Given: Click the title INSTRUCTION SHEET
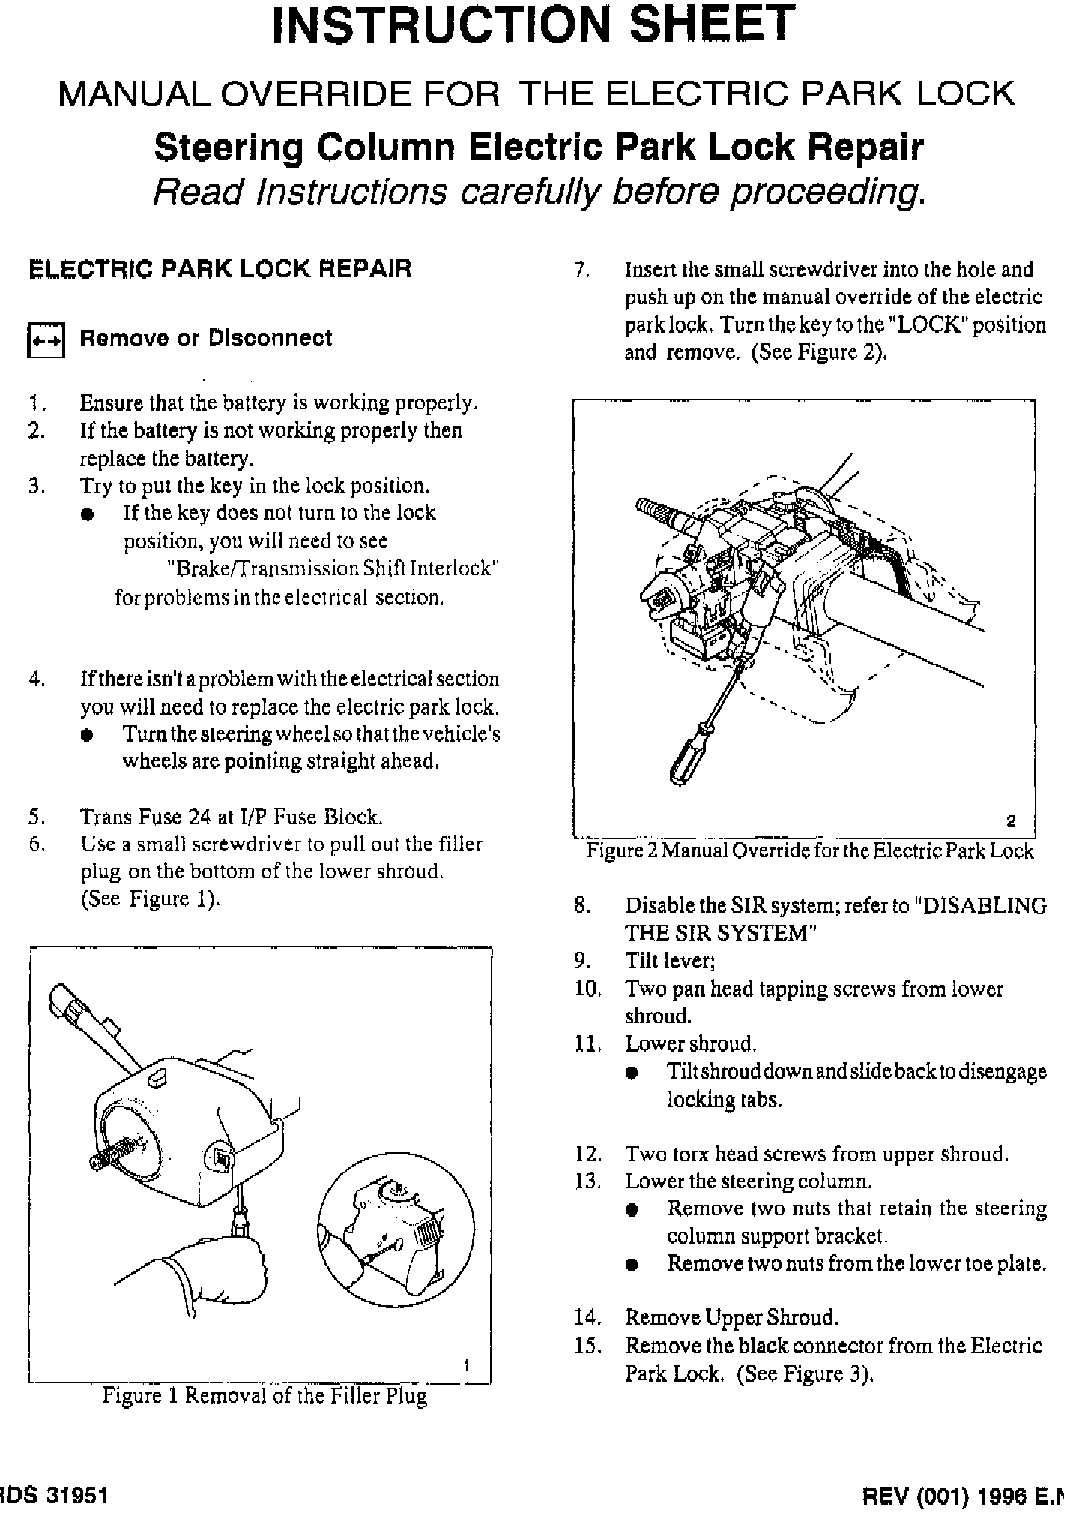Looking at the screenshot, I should (x=533, y=25).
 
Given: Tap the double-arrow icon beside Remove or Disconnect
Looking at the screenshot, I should (x=46, y=340).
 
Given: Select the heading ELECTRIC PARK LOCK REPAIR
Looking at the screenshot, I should (x=220, y=269).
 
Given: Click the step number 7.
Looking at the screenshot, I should (x=582, y=270).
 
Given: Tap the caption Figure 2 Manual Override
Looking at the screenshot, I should (x=809, y=850).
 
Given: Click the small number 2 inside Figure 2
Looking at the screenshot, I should (x=1011, y=821).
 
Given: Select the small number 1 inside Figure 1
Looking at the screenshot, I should (x=466, y=1365).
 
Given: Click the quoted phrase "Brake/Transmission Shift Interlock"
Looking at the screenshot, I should (x=333, y=569).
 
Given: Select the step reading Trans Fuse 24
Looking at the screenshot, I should (x=232, y=816).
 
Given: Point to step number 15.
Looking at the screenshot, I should (x=588, y=1346).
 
